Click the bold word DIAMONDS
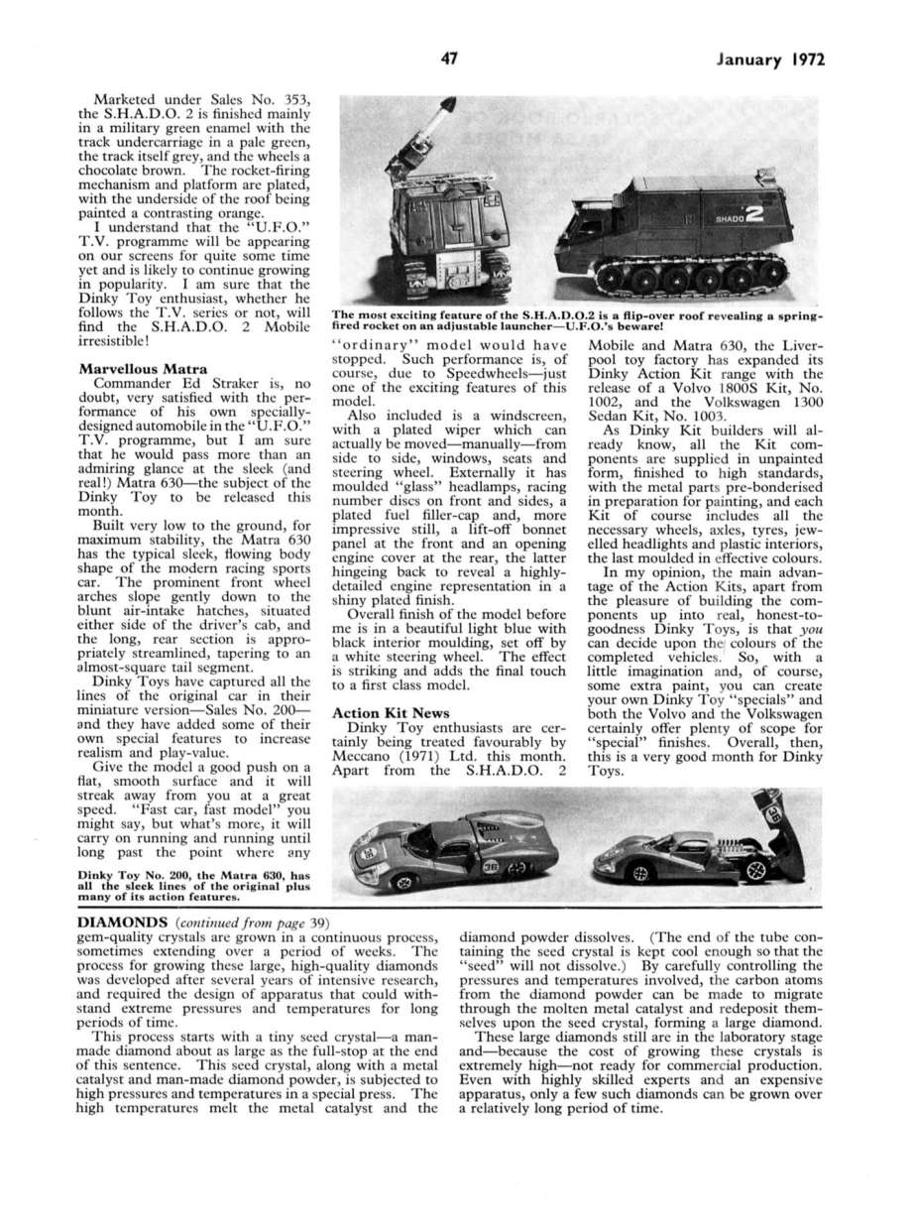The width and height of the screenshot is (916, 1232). click(x=123, y=922)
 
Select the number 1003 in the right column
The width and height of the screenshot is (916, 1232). click(x=699, y=419)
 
